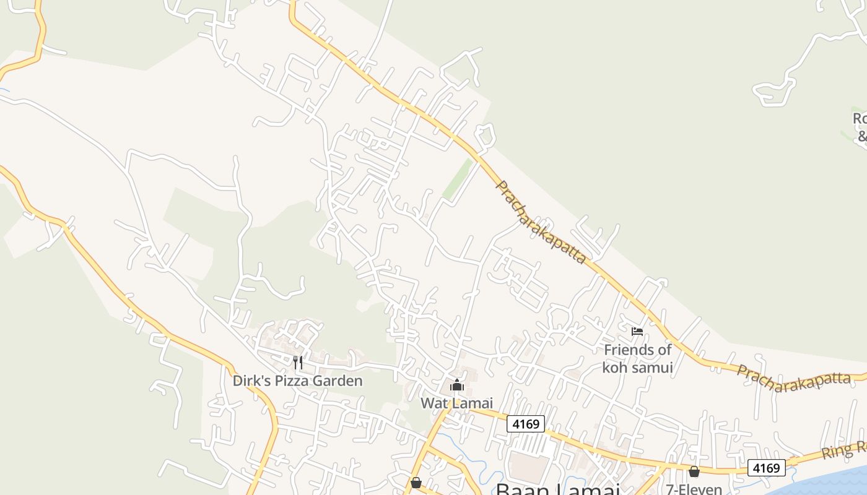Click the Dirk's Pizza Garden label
[x=297, y=381]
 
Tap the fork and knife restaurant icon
[x=298, y=362]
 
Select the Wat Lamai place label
[x=456, y=403]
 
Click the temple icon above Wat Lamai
[x=457, y=385]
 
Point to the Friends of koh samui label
[x=637, y=358]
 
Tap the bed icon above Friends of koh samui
[x=637, y=332]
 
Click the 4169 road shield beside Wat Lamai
[x=526, y=424]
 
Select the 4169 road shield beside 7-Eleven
[x=766, y=468]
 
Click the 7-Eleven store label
[x=694, y=489]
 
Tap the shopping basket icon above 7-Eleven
[x=694, y=472]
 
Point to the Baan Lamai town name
[x=557, y=489]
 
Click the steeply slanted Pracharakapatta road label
[x=541, y=222]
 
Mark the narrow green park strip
[x=458, y=179]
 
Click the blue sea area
[x=830, y=480]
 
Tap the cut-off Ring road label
[x=843, y=450]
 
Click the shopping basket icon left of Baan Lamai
[x=416, y=483]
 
